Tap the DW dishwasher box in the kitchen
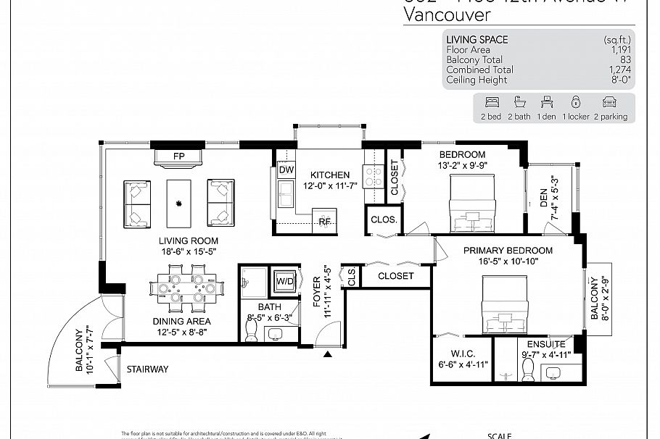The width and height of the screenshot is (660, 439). pos(285,170)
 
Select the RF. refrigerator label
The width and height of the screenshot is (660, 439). pos(325,222)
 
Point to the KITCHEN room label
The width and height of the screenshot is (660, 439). pos(330,175)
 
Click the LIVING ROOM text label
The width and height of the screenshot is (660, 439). pos(189,241)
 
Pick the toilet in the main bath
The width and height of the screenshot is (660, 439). pos(252,330)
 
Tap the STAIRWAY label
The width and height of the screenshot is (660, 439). pos(147,369)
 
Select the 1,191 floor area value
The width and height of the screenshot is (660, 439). pos(620,50)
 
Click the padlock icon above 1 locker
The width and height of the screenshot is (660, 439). pos(576,102)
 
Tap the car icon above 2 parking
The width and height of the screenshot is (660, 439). pos(609,102)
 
